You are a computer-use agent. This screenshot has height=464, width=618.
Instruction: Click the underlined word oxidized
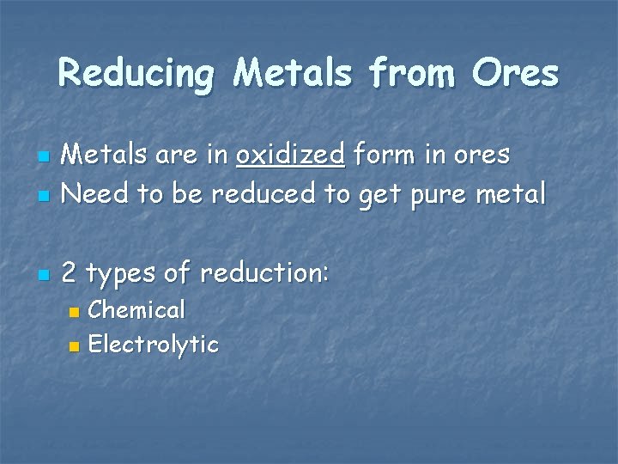[x=290, y=155]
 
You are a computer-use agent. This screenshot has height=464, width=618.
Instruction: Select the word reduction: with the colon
[x=264, y=273]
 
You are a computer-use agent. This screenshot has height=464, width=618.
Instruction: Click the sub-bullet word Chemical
[x=136, y=309]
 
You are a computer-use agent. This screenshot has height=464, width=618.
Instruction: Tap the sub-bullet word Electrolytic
[x=154, y=345]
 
